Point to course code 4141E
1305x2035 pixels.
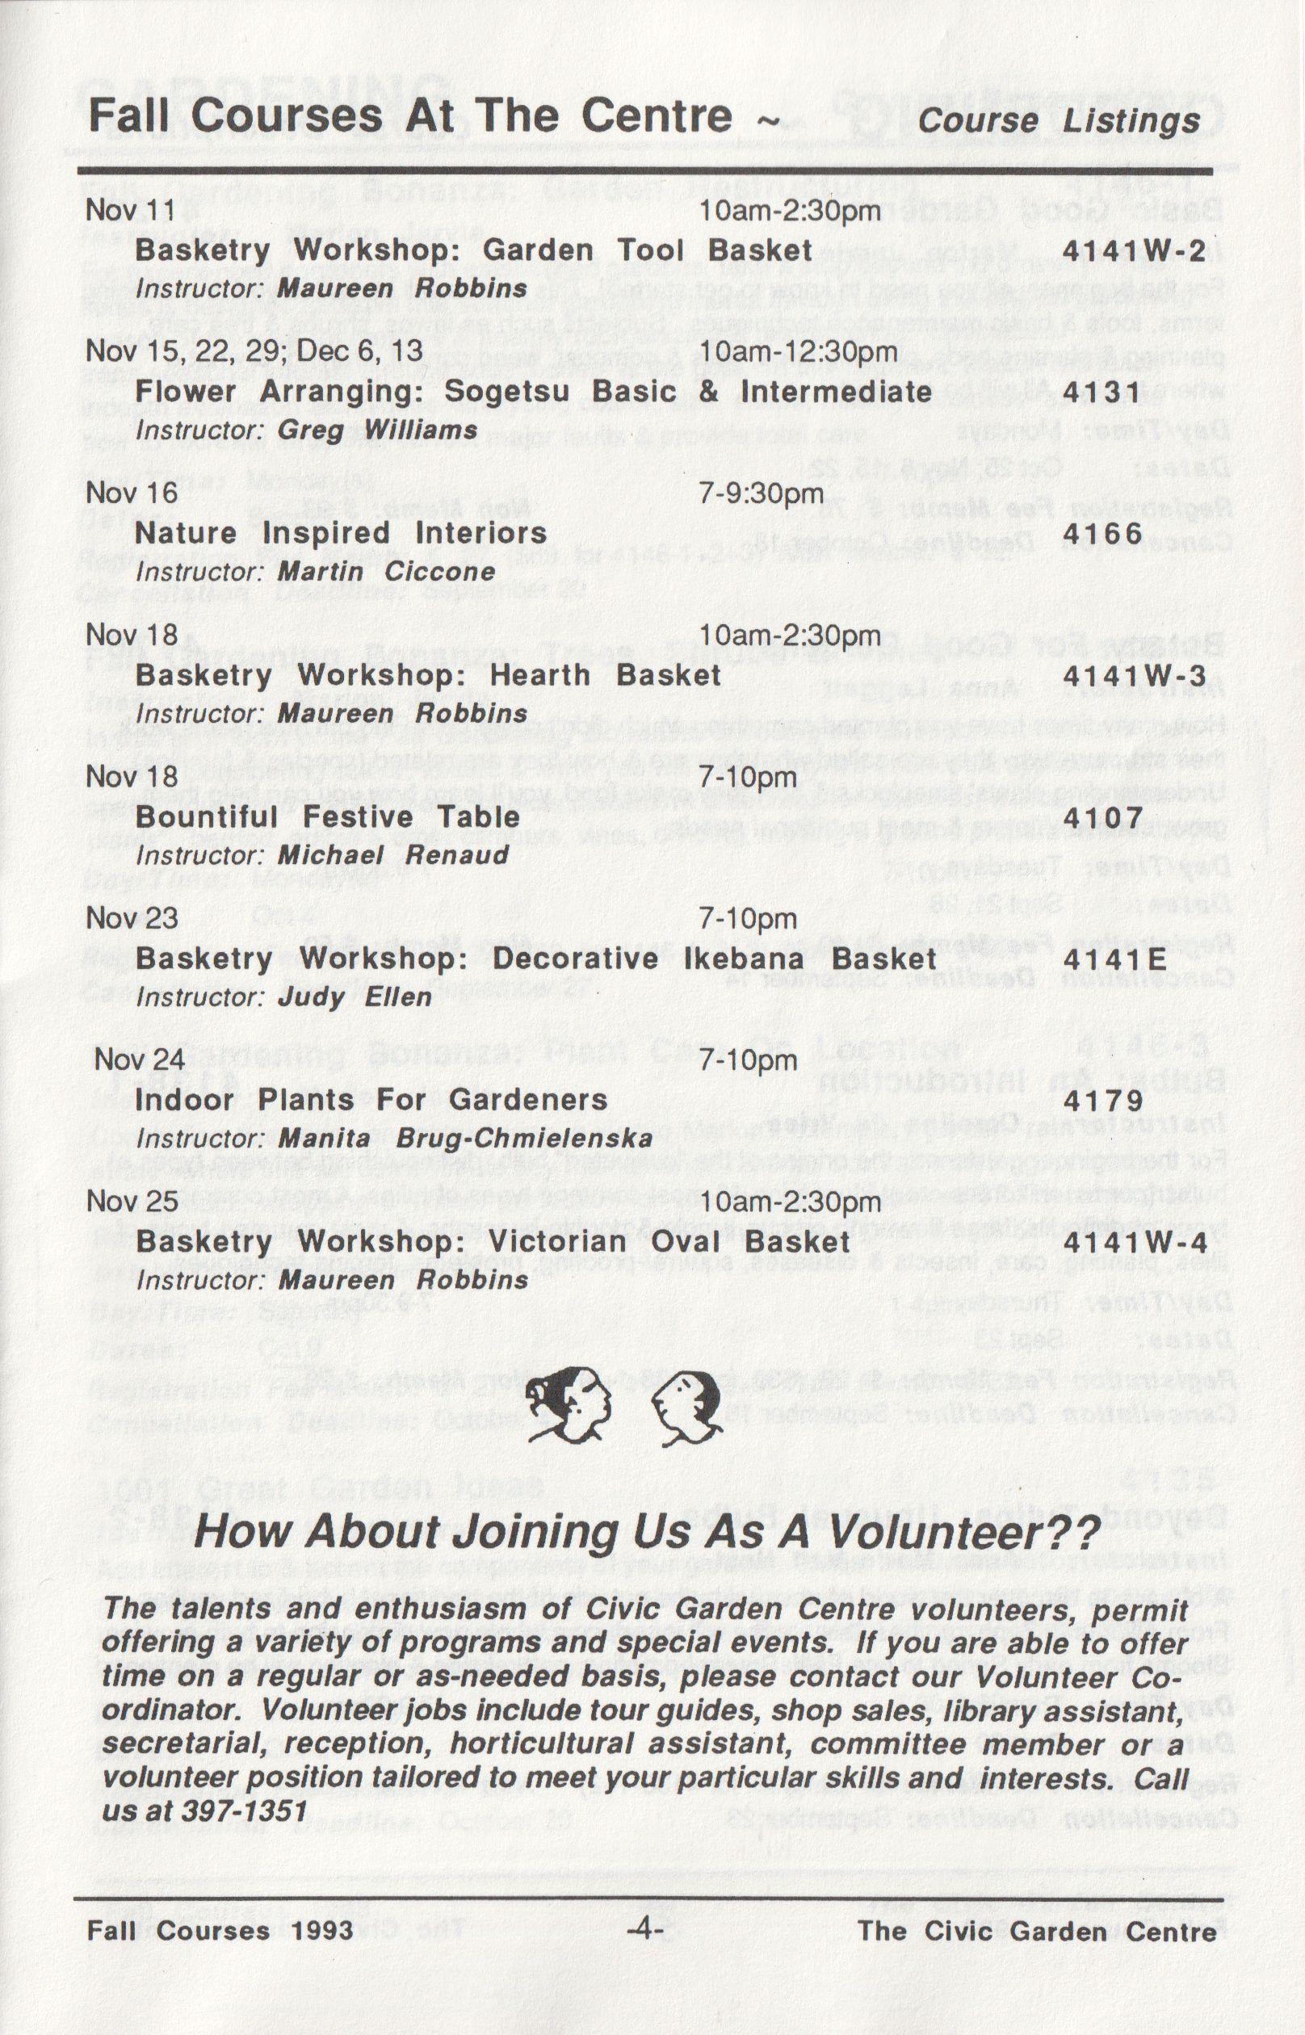1114,959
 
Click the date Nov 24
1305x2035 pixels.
139,1059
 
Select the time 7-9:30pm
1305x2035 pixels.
760,493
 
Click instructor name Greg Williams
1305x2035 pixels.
377,430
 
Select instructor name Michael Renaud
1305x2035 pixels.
393,855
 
